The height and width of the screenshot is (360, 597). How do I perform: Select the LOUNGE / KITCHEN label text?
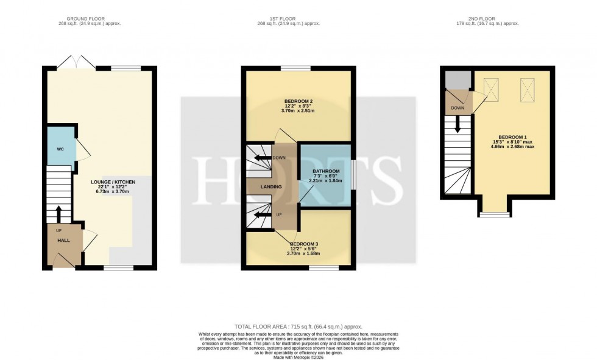[x=113, y=182]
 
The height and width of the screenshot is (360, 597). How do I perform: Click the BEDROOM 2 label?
[x=298, y=101]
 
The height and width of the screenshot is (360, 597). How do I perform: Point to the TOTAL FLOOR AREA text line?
[x=298, y=327]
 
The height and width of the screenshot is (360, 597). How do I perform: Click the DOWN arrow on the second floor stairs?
[x=457, y=129]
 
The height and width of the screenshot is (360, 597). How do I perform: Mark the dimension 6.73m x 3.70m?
[x=113, y=191]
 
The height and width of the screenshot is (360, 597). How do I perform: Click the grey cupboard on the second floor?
[x=457, y=80]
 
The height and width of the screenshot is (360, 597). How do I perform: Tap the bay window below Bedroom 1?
[x=494, y=214]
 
